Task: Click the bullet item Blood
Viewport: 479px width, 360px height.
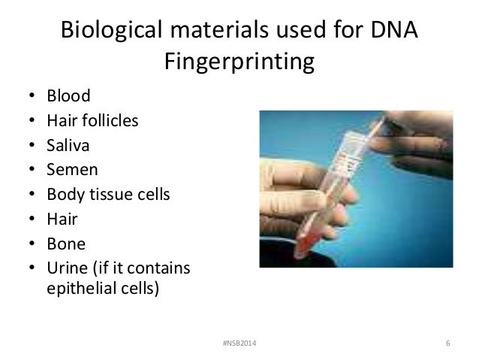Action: (x=68, y=96)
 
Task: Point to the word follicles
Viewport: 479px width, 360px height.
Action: (x=110, y=121)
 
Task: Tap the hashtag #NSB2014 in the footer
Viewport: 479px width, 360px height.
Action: (x=238, y=344)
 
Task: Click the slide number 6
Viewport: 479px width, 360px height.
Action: (x=447, y=344)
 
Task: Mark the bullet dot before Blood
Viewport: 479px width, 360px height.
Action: (x=32, y=97)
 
